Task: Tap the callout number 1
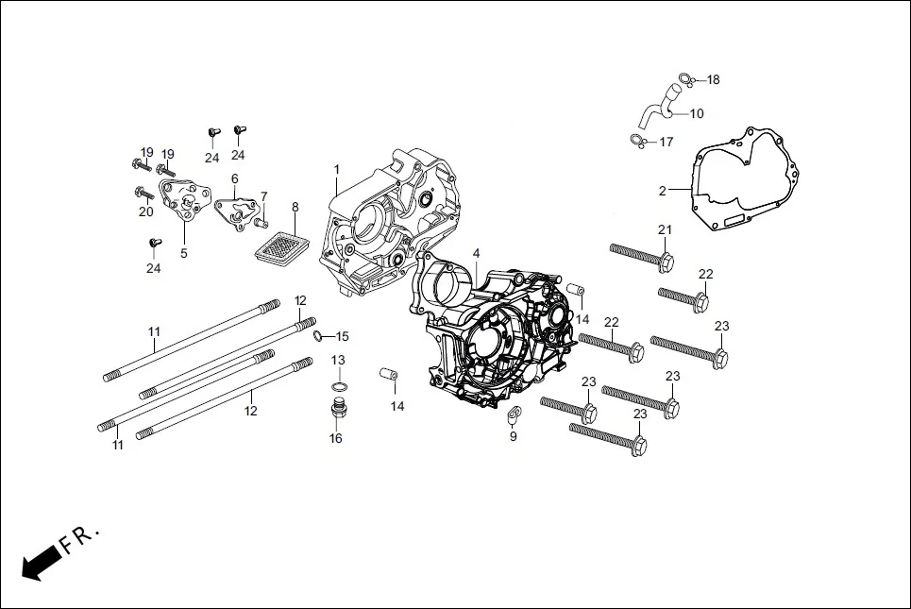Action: tap(336, 169)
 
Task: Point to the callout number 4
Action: tap(476, 253)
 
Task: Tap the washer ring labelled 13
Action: tap(337, 387)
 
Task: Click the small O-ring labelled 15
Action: tap(319, 336)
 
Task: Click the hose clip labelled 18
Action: tap(690, 81)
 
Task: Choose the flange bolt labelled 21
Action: tap(642, 253)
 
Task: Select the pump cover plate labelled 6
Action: tap(236, 207)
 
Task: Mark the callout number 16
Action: tap(336, 438)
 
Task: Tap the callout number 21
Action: tap(665, 230)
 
